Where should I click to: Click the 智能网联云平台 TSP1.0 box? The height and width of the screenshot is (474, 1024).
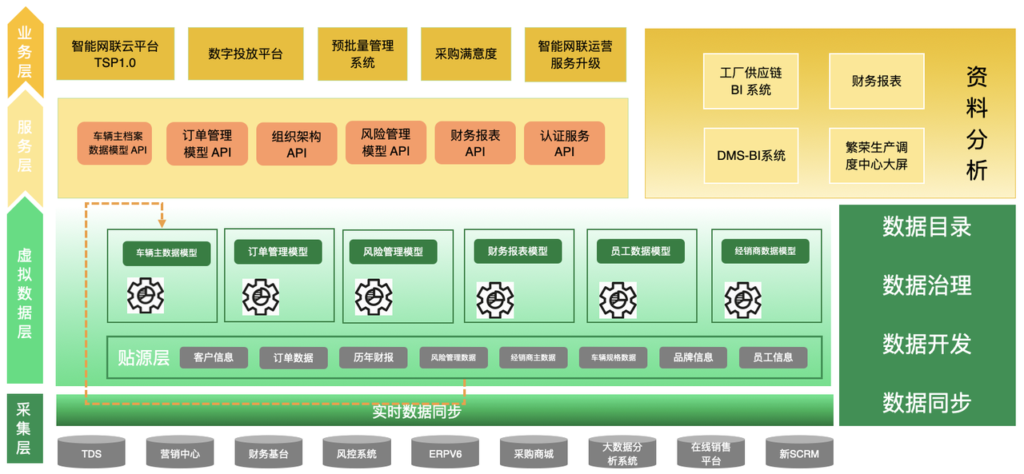(x=115, y=54)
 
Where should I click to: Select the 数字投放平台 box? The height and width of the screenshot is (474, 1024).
(x=246, y=54)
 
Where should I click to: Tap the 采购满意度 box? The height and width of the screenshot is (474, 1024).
(x=466, y=54)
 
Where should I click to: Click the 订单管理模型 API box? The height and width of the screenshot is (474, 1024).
(x=207, y=144)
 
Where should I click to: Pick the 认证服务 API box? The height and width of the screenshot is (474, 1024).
(x=564, y=144)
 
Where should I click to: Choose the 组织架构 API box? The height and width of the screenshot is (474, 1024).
(x=297, y=144)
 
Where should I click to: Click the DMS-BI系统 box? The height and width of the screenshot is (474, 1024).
(x=750, y=155)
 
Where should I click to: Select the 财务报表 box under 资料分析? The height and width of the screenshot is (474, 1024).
(x=876, y=81)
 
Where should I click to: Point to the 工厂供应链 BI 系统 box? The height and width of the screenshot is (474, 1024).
(x=750, y=81)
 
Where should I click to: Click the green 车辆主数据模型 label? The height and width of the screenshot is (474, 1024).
(x=166, y=253)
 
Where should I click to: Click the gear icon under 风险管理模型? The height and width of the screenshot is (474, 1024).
(x=374, y=297)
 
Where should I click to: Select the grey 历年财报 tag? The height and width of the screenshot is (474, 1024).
(x=374, y=357)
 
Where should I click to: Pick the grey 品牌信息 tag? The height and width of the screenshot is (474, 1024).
(x=693, y=357)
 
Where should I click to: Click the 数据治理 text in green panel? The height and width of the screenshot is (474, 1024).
(x=926, y=285)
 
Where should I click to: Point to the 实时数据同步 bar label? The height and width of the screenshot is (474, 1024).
(x=417, y=412)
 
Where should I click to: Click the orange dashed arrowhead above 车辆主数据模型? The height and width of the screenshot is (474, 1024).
(x=162, y=224)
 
